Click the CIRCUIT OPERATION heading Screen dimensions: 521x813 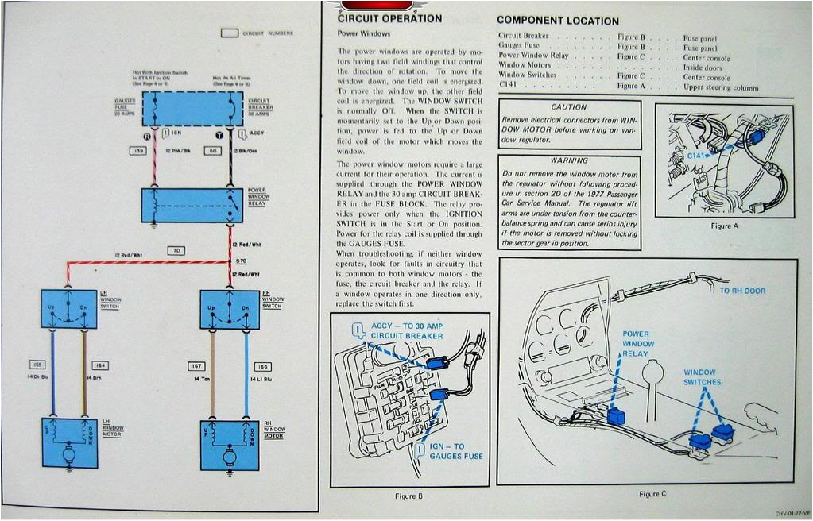[x=389, y=19]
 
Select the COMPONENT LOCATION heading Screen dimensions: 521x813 [x=557, y=21]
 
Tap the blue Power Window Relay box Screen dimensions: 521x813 [x=192, y=205]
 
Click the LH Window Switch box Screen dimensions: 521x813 [x=69, y=309]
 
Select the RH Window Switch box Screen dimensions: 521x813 [x=230, y=309]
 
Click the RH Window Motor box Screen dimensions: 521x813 [x=230, y=440]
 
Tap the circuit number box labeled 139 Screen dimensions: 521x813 [x=137, y=150]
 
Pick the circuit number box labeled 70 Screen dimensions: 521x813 [x=176, y=250]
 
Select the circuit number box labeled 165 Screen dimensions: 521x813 [x=37, y=365]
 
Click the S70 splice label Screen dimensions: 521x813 [x=242, y=261]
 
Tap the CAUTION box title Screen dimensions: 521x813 [x=568, y=107]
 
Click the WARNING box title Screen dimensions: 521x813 [x=568, y=160]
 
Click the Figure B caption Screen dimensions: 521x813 [x=408, y=496]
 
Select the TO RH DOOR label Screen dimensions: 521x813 [x=742, y=291]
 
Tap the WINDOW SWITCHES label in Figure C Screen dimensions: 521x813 [x=703, y=377]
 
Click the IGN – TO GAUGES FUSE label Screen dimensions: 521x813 [x=457, y=451]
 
